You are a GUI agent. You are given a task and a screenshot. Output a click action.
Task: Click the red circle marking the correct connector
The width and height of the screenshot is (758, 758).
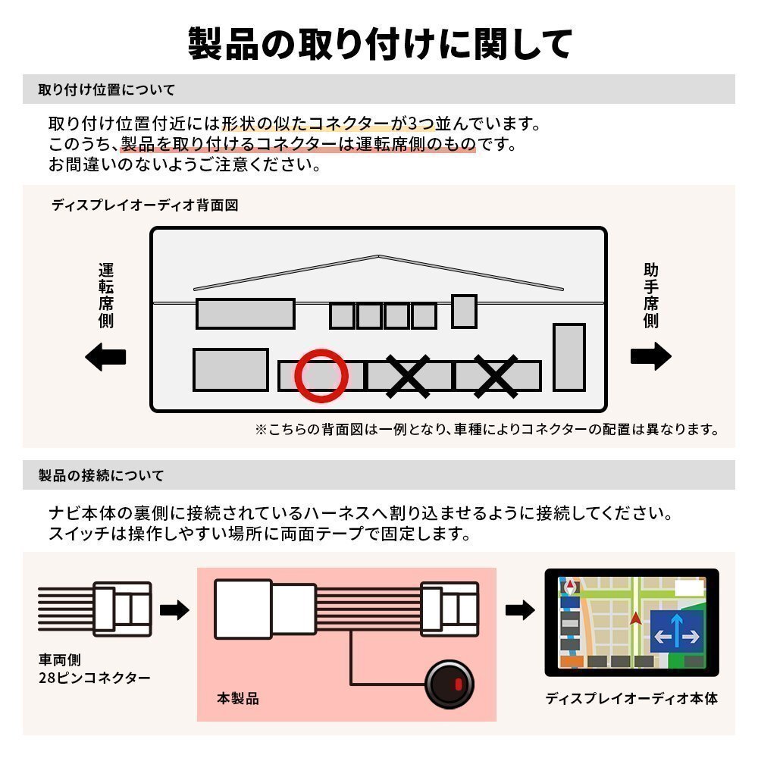321,376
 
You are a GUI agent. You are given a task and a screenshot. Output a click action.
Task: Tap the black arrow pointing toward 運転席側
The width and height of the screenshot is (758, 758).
105,356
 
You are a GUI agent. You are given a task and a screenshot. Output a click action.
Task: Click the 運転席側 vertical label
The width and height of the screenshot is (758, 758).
106,295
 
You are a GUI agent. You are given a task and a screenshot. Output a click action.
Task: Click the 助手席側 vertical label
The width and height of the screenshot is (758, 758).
650,295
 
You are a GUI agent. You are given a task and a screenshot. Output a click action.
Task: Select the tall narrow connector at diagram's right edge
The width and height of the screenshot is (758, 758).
568,357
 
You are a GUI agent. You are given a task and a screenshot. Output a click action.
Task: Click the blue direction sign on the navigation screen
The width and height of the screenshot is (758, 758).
676,628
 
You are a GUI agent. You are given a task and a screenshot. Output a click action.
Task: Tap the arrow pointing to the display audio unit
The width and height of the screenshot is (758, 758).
520,609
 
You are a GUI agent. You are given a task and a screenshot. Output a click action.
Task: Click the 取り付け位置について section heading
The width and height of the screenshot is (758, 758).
107,89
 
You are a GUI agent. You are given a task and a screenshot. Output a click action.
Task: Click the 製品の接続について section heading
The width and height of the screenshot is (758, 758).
101,476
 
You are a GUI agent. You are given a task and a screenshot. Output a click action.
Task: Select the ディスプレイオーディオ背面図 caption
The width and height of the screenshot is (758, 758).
145,205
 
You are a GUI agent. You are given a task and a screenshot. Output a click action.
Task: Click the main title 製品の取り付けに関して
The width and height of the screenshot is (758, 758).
379,44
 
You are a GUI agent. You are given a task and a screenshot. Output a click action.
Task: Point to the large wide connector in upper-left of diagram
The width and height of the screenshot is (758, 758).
245,313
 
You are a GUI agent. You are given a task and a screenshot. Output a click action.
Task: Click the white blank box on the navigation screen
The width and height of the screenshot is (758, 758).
688,587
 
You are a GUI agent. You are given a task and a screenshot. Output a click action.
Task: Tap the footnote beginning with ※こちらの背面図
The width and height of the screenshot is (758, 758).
486,430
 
